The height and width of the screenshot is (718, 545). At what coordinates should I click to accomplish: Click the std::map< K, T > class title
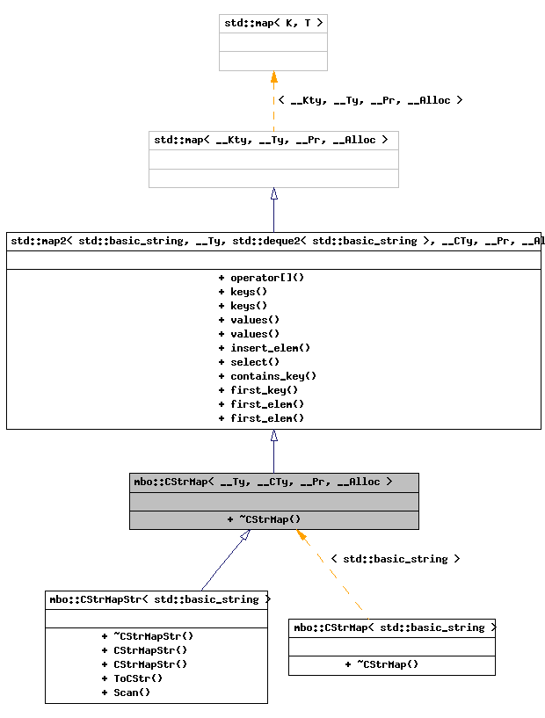273,23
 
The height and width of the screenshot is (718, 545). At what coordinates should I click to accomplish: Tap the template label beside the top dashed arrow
370,100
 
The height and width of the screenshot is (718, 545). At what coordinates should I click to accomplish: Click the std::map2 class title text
273,240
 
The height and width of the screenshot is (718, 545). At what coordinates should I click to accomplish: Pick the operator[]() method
261,278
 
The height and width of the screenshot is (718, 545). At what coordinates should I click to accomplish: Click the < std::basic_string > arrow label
395,559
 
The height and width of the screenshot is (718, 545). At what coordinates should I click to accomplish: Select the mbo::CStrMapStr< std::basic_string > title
156,599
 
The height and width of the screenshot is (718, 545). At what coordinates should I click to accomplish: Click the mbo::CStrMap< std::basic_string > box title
392,627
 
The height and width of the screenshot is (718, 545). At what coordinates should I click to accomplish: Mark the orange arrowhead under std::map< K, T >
274,77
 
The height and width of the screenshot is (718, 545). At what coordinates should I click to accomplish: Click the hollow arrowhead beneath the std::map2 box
274,436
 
